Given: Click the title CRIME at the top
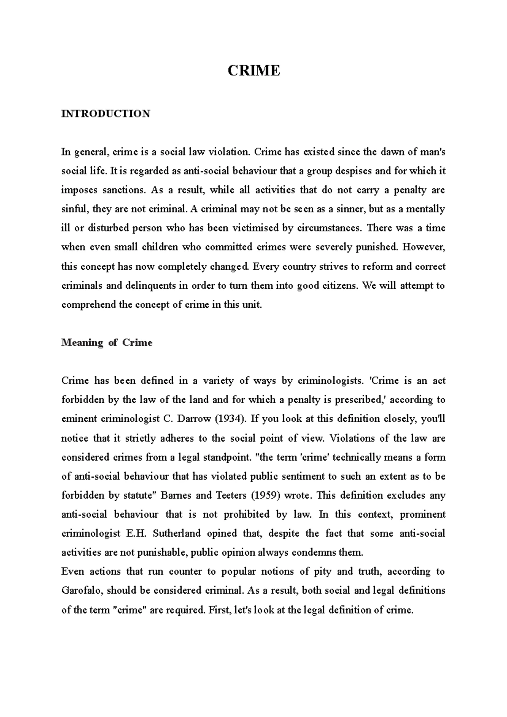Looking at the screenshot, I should [x=253, y=71].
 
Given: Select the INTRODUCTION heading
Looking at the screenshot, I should [x=106, y=114].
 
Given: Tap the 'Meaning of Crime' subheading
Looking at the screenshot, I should [x=106, y=342].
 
